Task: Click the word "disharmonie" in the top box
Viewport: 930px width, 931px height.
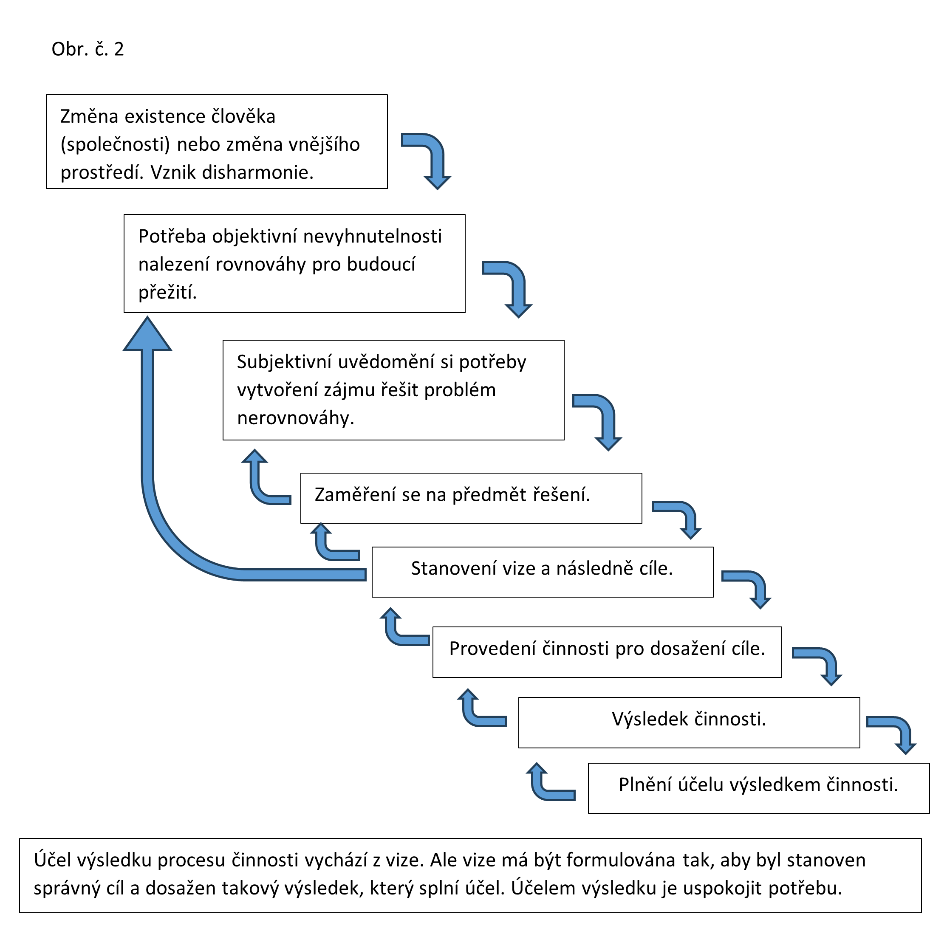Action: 257,172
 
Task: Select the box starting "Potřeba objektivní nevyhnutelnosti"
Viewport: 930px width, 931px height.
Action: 294,264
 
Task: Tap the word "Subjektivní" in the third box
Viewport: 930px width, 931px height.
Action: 285,362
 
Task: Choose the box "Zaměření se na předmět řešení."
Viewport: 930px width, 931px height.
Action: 471,498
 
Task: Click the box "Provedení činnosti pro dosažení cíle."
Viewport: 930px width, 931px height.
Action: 607,652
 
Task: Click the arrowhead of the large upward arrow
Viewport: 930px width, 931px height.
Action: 147,336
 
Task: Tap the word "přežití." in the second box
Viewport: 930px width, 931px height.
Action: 167,292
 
